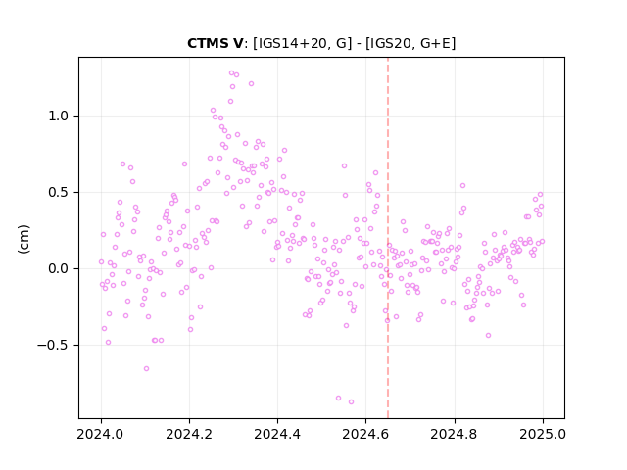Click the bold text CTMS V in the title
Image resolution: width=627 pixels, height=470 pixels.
click(215, 43)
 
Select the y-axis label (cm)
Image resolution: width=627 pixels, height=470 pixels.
click(24, 239)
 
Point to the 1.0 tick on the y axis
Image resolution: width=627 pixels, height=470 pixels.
click(59, 116)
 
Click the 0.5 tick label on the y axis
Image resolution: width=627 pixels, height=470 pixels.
click(59, 192)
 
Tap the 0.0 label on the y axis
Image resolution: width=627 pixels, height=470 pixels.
click(59, 268)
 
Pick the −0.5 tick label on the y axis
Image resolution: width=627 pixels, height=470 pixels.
click(53, 345)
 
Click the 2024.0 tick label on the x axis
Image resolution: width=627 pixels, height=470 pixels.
click(101, 434)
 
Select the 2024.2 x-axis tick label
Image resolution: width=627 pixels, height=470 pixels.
click(189, 434)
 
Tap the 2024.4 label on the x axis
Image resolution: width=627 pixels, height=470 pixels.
click(277, 434)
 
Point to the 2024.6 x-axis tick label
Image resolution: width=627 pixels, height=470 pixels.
click(365, 434)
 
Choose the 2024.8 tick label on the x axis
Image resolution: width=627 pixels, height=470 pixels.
click(454, 434)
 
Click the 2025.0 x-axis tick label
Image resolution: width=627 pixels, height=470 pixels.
click(543, 434)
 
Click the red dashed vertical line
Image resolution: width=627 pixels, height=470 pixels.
click(388, 238)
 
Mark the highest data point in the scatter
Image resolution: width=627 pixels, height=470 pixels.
click(231, 72)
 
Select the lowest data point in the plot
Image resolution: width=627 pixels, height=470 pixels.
click(351, 401)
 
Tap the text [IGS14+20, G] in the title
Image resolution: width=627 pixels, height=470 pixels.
click(303, 43)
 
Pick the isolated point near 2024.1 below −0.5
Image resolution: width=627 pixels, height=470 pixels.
click(146, 368)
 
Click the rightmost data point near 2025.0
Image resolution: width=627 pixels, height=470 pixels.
click(542, 242)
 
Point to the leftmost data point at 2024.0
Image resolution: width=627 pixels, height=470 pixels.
click(101, 261)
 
